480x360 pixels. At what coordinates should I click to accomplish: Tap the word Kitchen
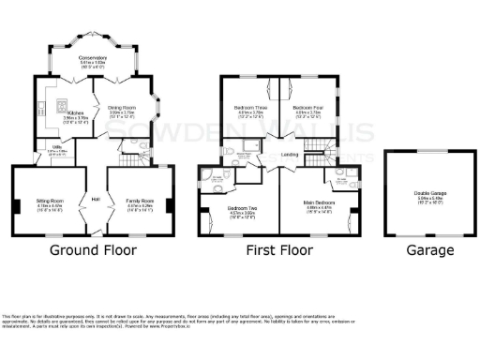click(74, 112)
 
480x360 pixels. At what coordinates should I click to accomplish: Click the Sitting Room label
click(50, 201)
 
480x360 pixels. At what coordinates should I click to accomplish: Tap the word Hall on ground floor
click(95, 198)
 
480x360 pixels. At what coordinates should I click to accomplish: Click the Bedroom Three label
click(248, 108)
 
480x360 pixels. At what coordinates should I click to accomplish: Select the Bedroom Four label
click(307, 108)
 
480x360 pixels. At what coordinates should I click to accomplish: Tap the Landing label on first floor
click(290, 155)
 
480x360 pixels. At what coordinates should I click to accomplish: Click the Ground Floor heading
click(92, 250)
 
